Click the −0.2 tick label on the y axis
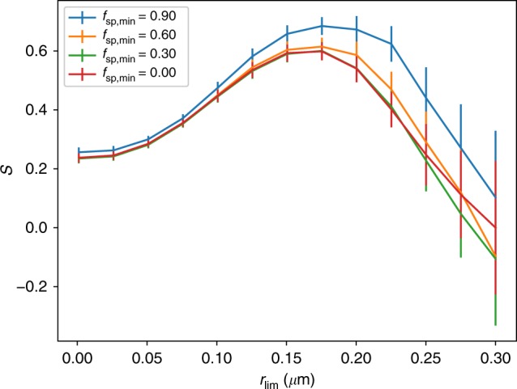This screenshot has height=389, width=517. tap(37, 287)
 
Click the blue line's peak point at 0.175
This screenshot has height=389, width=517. tap(322, 26)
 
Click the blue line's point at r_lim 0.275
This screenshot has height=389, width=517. tap(461, 147)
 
